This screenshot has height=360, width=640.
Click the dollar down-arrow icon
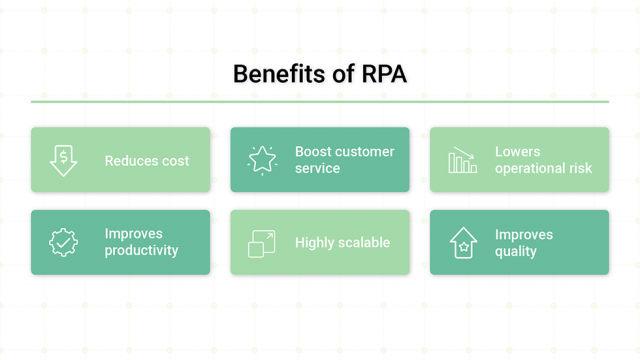point(63,160)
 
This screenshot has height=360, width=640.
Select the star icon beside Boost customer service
point(262,160)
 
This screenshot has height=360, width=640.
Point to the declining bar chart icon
point(462,160)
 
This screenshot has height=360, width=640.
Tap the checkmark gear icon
point(63,242)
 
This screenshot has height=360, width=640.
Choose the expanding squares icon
point(262,243)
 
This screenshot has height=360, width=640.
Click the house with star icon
point(462,242)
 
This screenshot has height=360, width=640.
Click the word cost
point(174,160)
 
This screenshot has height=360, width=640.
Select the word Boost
point(314,152)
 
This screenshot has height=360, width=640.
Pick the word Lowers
point(518,152)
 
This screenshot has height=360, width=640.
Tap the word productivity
point(141,250)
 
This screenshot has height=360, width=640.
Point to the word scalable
point(363,242)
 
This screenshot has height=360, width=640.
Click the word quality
point(516,251)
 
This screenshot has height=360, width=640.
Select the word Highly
point(315,242)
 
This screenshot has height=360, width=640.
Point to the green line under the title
point(320,101)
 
